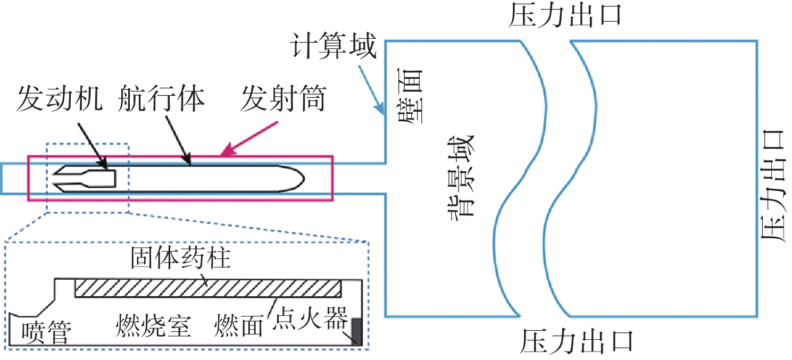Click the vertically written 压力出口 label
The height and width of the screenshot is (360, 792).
pos(774,186)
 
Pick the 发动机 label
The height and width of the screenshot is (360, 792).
pos(59,99)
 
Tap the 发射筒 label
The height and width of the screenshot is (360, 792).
pos(282,99)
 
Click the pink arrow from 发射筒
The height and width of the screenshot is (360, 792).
pos(250,139)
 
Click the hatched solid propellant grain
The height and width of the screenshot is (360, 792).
pos(207,288)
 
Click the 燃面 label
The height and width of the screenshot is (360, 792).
pos(239,325)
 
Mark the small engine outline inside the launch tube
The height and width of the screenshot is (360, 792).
pos(85,177)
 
